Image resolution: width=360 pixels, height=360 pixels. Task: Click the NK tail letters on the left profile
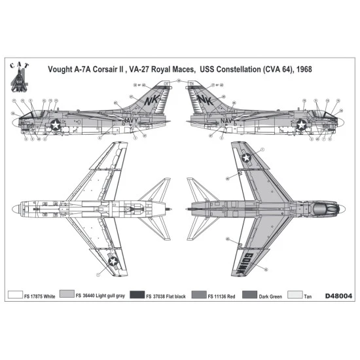coord(151,101)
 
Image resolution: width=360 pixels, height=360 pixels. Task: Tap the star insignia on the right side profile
coord(302,124)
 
